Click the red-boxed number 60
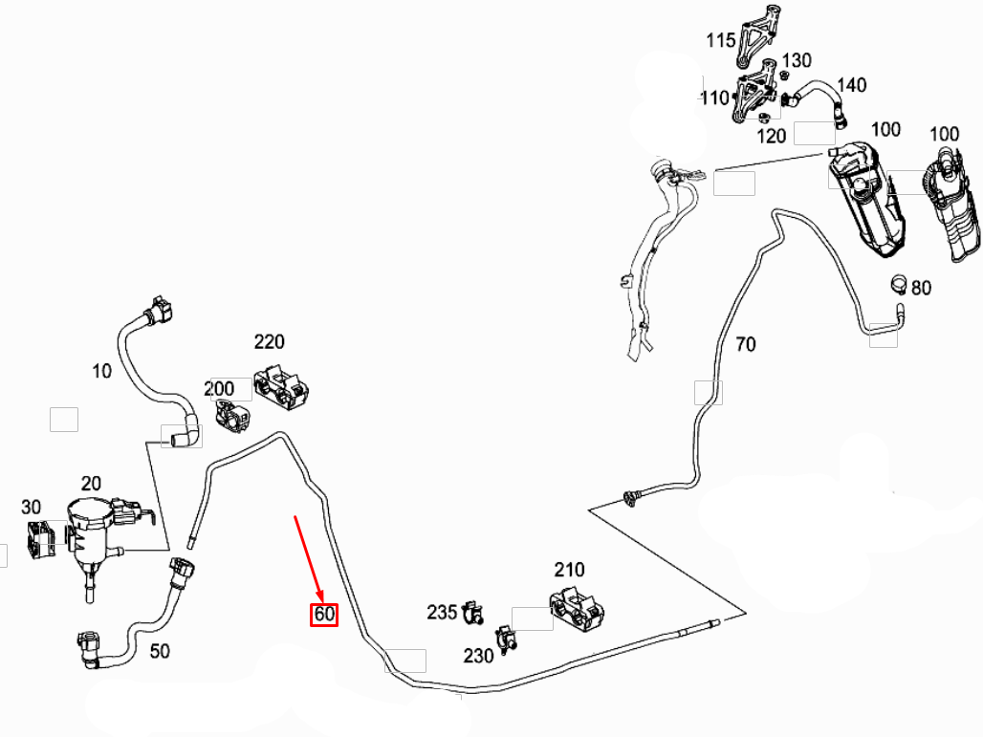click(x=324, y=614)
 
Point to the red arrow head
click(x=319, y=596)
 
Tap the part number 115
click(x=720, y=41)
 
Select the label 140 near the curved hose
click(x=851, y=85)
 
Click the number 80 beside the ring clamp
click(x=920, y=288)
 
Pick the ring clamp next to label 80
click(x=898, y=283)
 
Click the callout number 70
click(x=746, y=344)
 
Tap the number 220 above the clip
click(x=269, y=341)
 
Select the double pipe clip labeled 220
click(x=281, y=389)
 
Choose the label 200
click(x=219, y=388)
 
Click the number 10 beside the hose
click(x=101, y=371)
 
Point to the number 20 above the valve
click(x=91, y=483)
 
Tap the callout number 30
click(x=31, y=507)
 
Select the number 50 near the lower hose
click(x=160, y=651)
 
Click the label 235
click(x=442, y=612)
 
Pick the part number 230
click(x=478, y=656)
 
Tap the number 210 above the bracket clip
click(x=569, y=570)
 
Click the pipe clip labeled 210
click(x=577, y=609)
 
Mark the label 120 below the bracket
click(x=771, y=136)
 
